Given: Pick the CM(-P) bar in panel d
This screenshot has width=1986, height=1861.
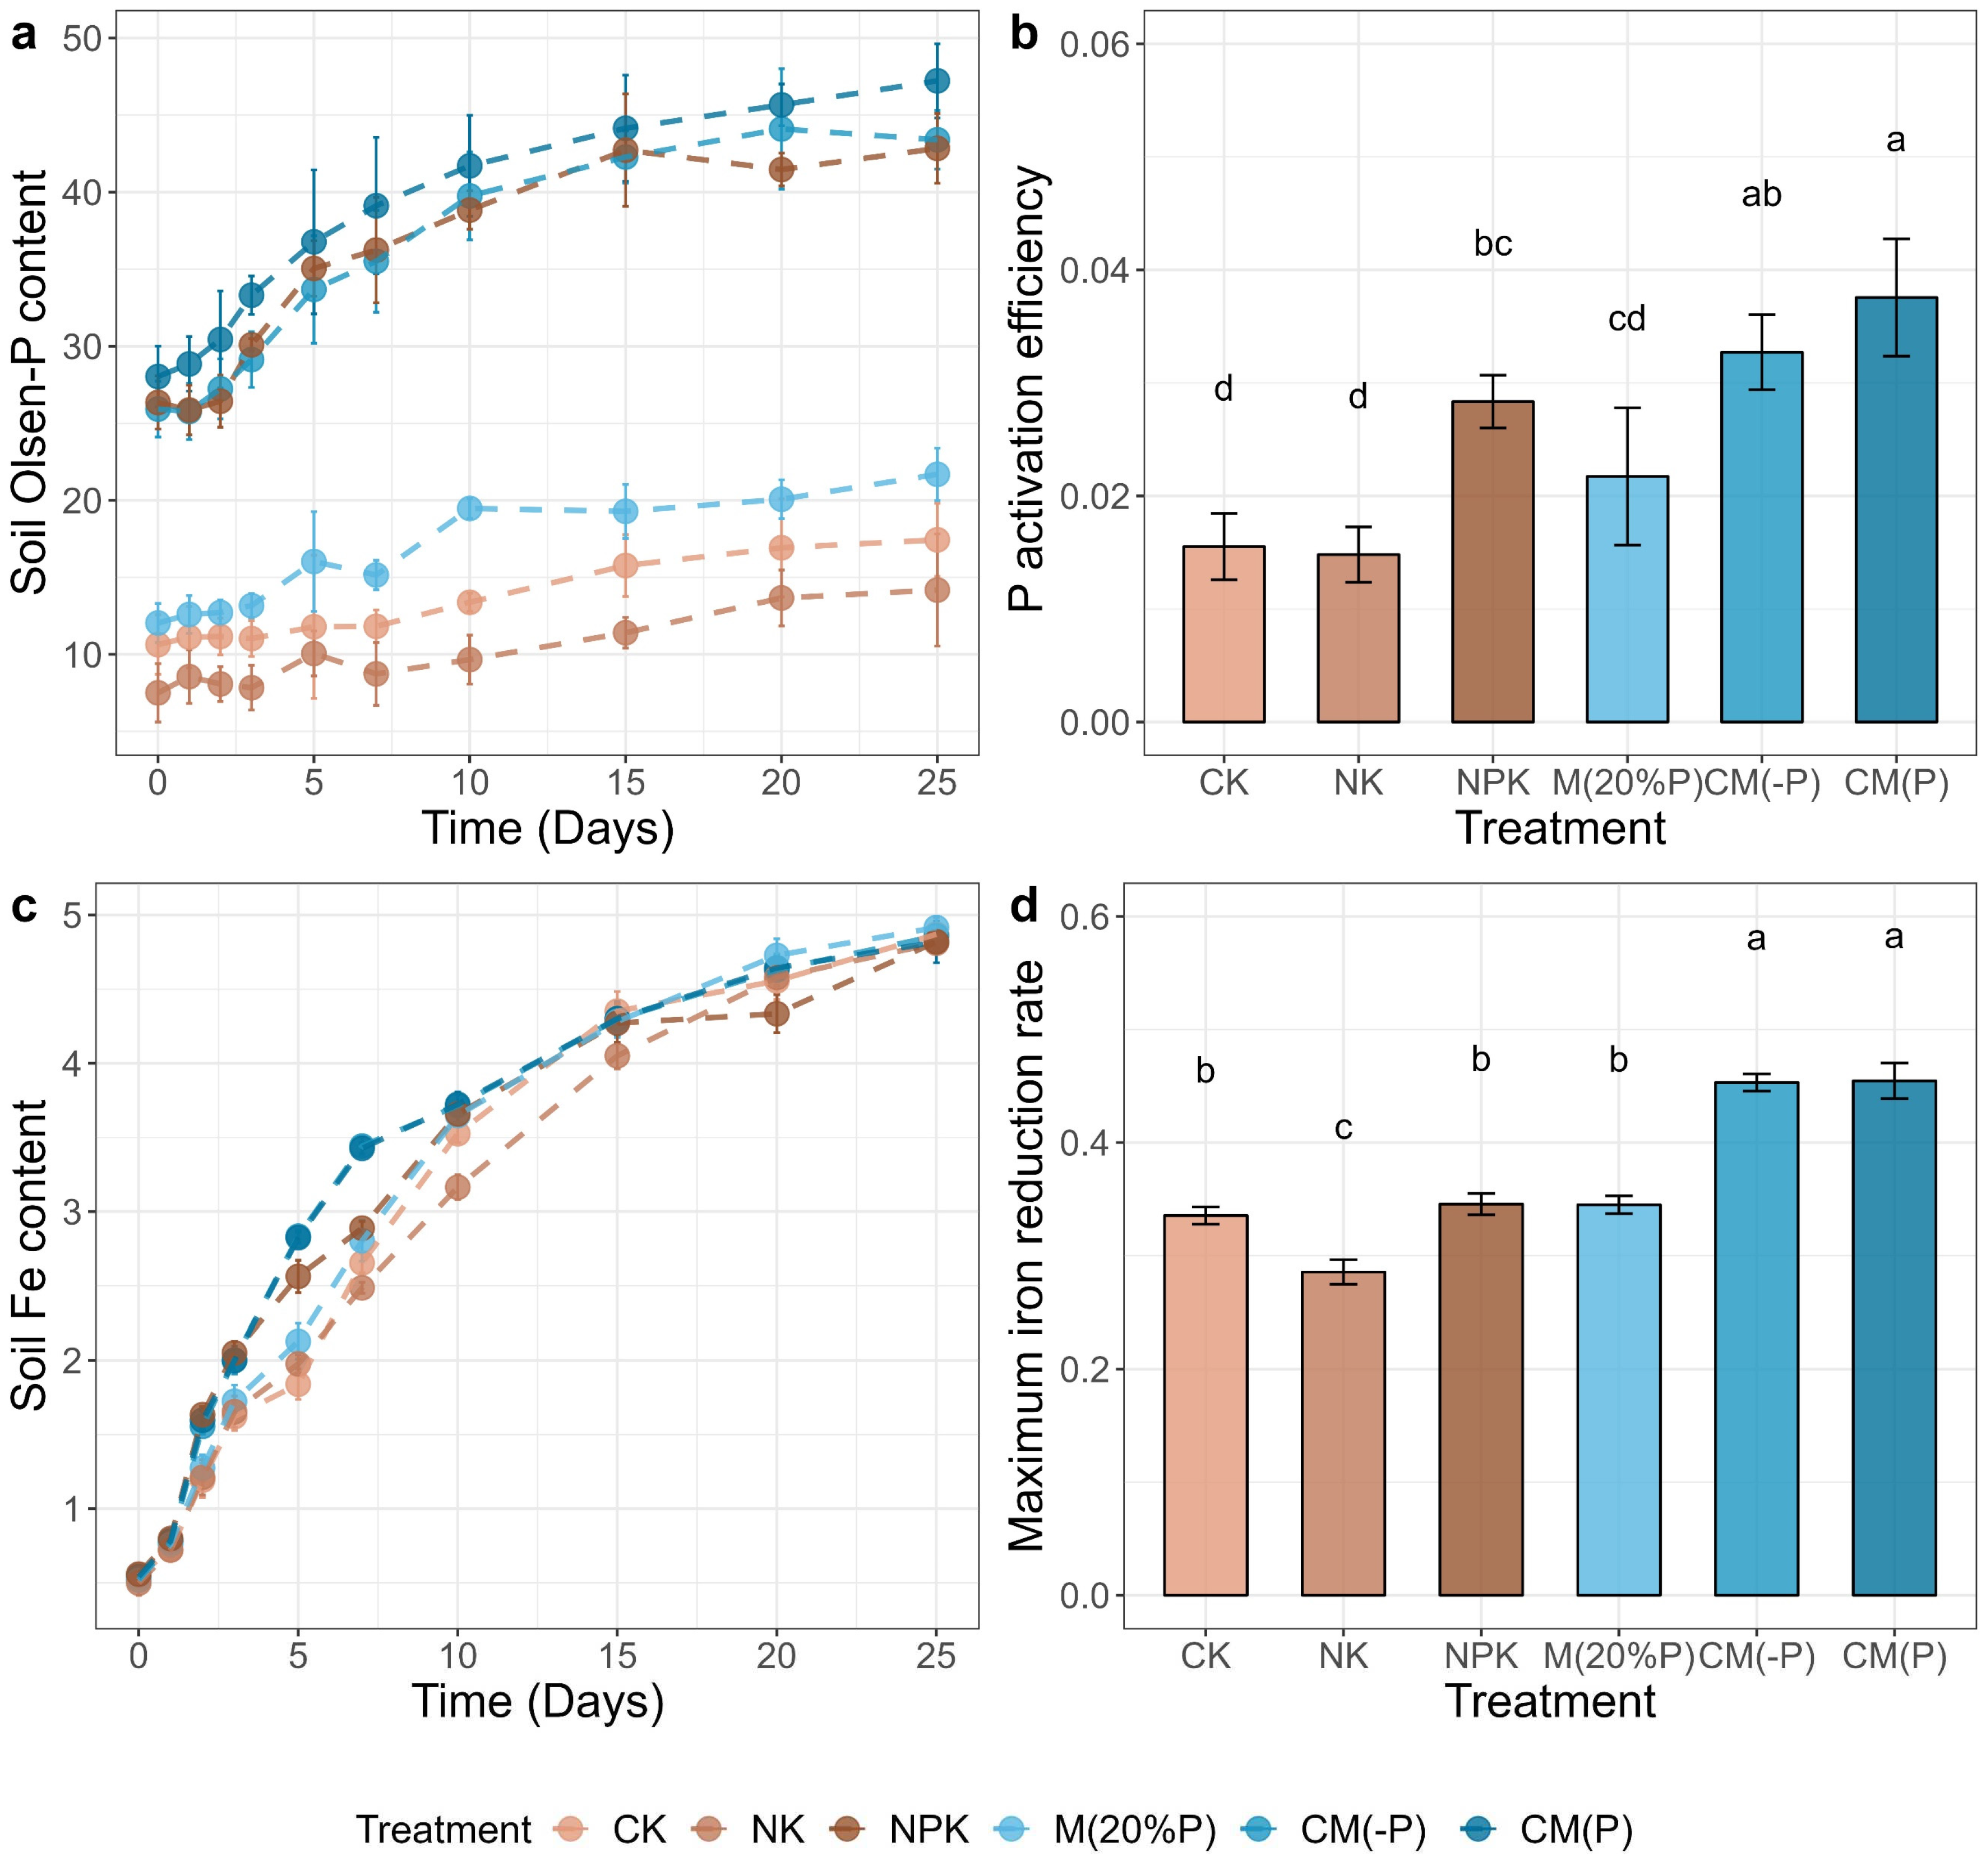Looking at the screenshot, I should tap(1755, 1339).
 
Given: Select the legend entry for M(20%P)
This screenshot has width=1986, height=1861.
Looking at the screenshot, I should tap(1134, 1829).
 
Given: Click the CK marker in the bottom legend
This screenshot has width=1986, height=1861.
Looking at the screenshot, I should tap(570, 1829).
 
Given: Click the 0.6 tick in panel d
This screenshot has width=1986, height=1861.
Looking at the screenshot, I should tap(1087, 917).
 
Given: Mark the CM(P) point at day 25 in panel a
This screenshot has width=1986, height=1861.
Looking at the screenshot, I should tap(936, 81).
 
